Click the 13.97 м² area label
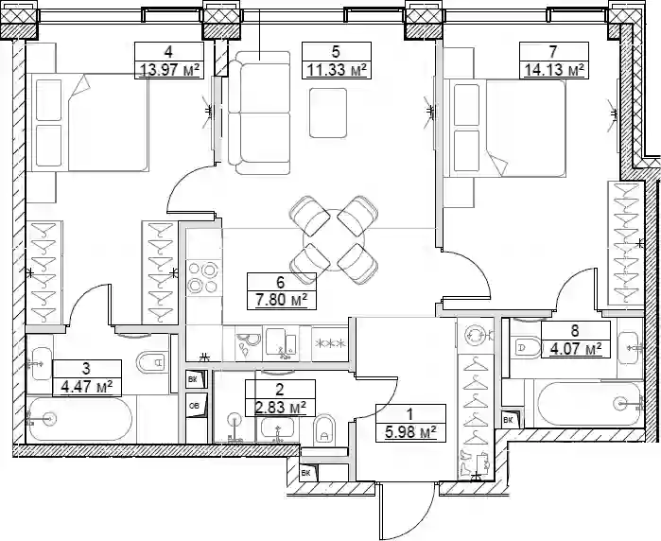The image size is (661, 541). pos(169,70)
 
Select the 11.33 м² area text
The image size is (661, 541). pos(337,70)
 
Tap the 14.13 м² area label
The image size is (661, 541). pos(554,70)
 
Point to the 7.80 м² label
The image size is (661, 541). pos(281,300)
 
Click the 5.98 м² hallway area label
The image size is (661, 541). pos(410,432)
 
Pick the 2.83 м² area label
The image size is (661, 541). pos(280,408)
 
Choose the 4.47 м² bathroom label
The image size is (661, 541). pos(87,387)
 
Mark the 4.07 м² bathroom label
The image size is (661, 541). pos(576,349)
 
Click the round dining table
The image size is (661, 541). pos(334,240)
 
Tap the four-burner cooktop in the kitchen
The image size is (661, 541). pos(203,277)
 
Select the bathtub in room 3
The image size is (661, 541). pos(79,419)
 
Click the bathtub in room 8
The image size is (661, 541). pos(588,404)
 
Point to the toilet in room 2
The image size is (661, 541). pos(324,429)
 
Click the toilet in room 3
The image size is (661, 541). pos(150,361)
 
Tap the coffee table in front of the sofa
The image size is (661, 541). pos(328,113)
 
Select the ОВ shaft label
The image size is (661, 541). pos(195,406)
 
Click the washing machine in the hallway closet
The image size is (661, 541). pos(476,336)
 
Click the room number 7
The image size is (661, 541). pos(553,52)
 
